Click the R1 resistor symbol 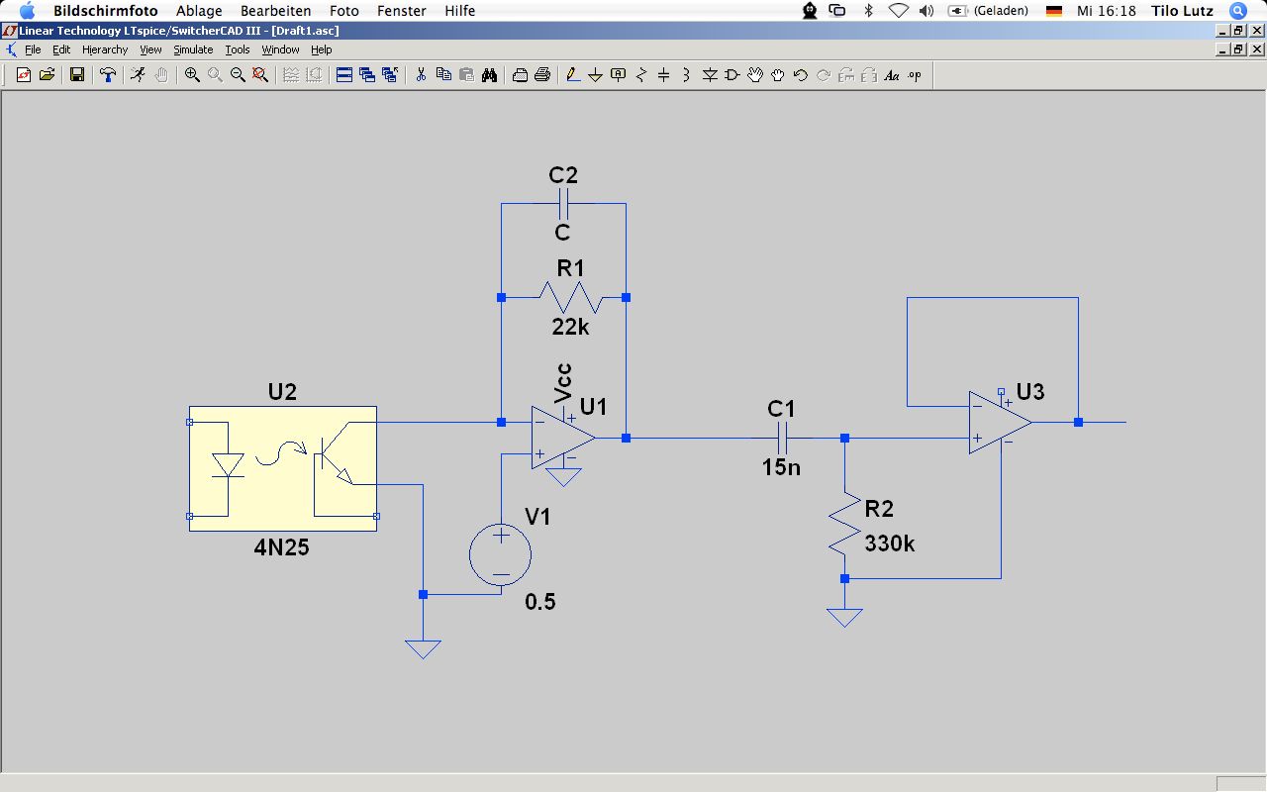(571, 297)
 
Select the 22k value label (570, 327)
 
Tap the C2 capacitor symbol (563, 204)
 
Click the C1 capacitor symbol (782, 437)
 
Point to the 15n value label (781, 467)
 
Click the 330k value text (890, 544)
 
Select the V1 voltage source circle (501, 554)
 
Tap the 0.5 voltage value (540, 601)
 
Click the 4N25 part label (282, 546)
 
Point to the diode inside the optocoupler (229, 464)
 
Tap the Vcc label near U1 (564, 382)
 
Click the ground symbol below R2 (844, 617)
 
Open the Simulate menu (193, 49)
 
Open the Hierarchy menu (105, 49)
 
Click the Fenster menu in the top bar (402, 11)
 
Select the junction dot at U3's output (1078, 423)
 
